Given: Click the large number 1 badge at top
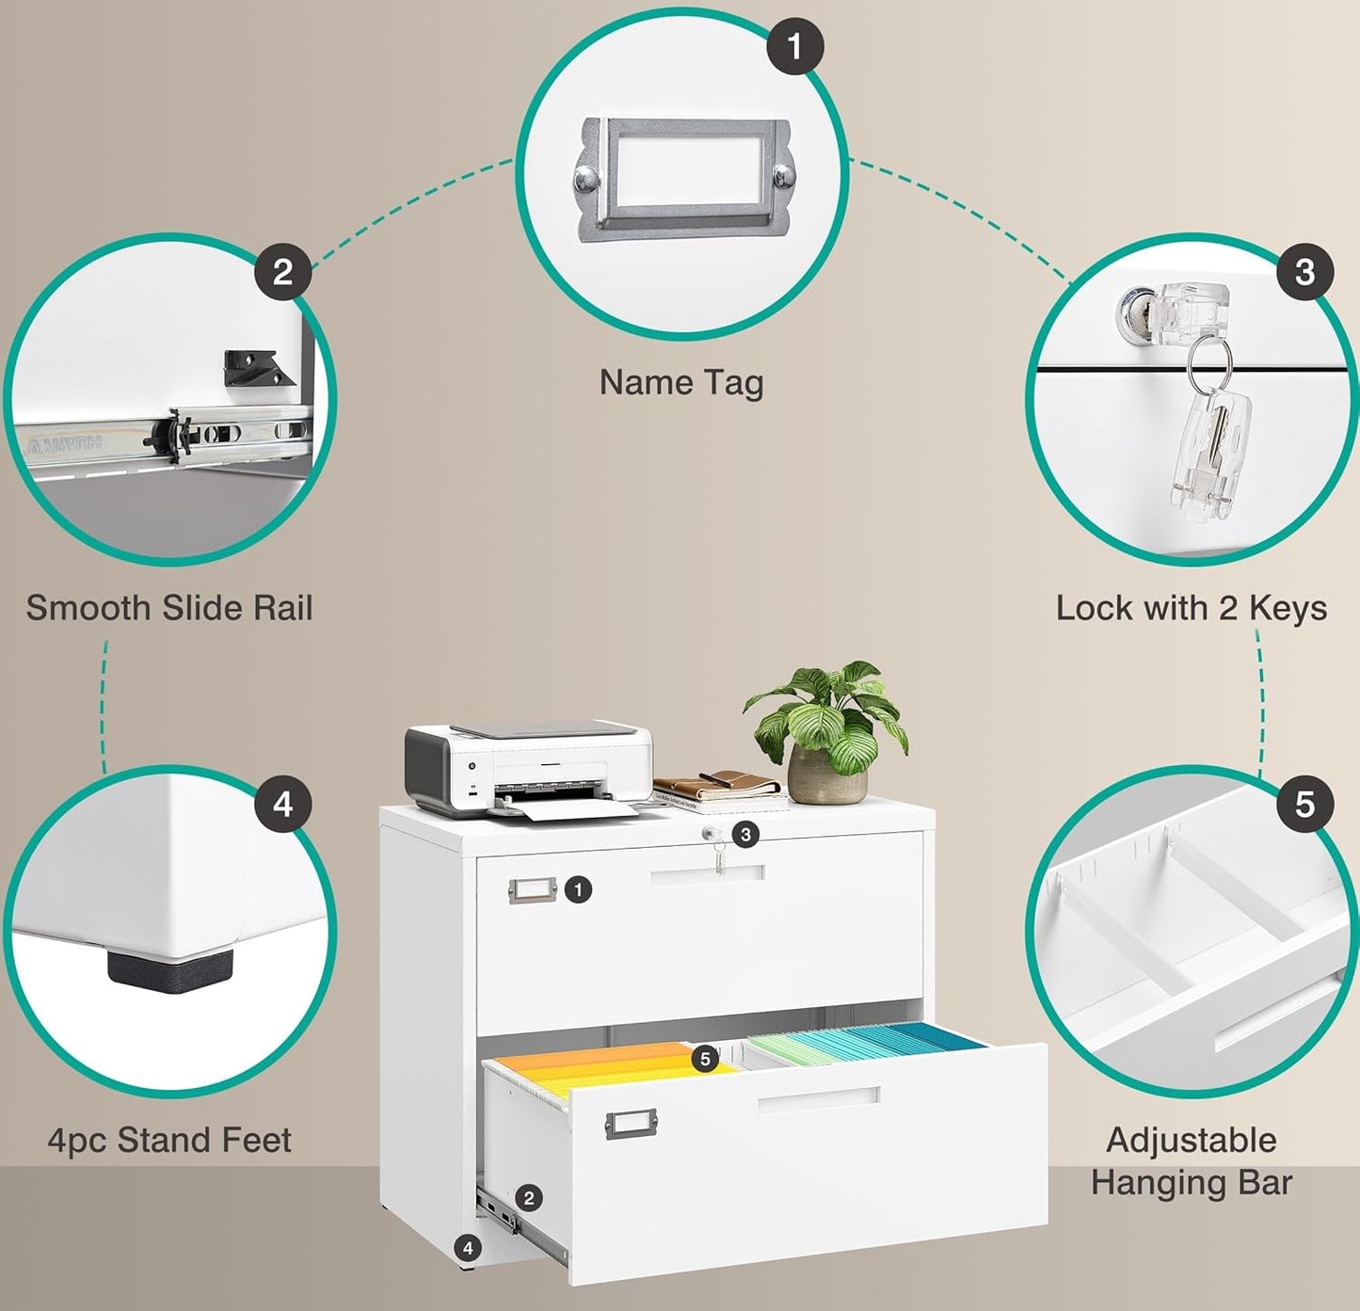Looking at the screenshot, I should (795, 46).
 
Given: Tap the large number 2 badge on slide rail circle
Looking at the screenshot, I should (282, 272).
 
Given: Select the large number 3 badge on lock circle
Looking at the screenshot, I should (1304, 272).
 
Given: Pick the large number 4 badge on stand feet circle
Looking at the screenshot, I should (282, 805).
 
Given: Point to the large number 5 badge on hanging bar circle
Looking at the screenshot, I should (1304, 805).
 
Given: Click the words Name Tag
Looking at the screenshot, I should (681, 382).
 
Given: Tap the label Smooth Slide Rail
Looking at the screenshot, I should (169, 608).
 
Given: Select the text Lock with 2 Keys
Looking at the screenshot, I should (1191, 608).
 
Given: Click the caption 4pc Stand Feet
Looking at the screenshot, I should (169, 1140).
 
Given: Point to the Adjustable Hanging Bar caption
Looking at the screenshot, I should (1192, 1161).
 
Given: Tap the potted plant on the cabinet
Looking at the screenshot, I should (827, 734).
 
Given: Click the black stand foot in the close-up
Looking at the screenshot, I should (170, 971).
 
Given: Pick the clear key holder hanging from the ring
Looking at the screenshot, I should (1211, 452).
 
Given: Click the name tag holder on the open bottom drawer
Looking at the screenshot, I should (631, 1123).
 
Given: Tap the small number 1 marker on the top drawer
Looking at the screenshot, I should (578, 888).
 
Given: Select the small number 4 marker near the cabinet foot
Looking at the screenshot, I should (468, 1248).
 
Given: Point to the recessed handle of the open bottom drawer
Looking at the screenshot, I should (818, 1099).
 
